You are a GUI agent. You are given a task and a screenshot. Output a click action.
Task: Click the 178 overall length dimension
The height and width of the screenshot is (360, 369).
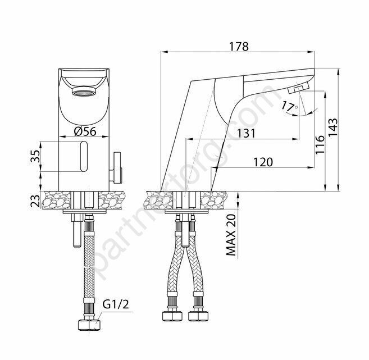(239, 47)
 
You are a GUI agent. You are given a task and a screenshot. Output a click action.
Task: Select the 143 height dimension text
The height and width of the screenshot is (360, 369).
(332, 127)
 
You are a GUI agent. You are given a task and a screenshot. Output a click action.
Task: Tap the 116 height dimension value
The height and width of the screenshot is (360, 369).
(320, 145)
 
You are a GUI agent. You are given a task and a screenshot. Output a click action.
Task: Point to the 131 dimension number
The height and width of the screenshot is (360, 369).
(246, 134)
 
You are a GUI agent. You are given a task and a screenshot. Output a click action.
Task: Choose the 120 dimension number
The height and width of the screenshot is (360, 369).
(263, 162)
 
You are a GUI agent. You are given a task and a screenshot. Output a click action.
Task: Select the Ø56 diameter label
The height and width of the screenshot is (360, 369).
(85, 131)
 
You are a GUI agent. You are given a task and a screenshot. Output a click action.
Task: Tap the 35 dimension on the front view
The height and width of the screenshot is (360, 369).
(35, 156)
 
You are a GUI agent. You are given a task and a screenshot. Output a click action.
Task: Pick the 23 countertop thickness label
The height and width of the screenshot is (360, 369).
(35, 200)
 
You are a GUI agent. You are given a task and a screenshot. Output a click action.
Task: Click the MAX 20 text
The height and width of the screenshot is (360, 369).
(231, 235)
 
